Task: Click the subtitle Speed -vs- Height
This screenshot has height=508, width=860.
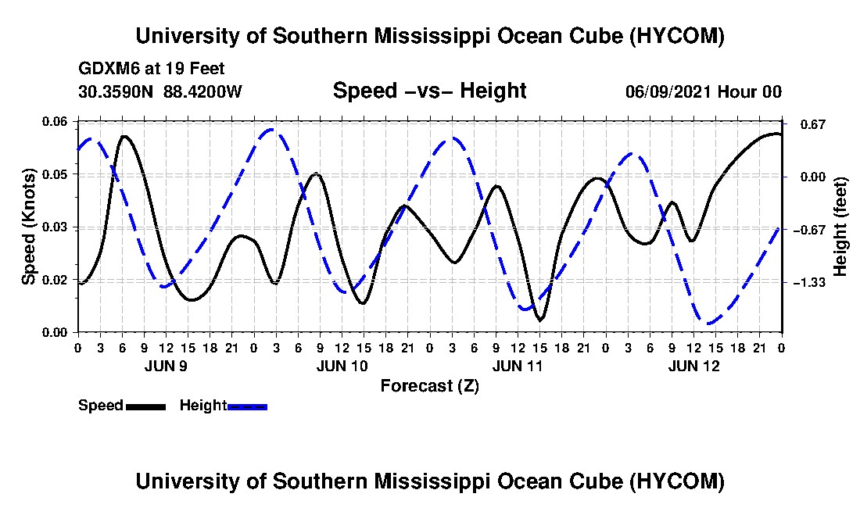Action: click(429, 91)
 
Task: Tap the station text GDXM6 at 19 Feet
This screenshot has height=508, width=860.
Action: click(152, 69)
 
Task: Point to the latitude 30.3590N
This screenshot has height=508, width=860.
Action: click(116, 91)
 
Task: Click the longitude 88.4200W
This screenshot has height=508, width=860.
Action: click(202, 91)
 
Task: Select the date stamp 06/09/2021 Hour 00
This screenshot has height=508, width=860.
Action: click(704, 91)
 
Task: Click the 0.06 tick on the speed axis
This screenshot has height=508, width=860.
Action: click(55, 121)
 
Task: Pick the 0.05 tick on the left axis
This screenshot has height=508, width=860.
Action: click(55, 174)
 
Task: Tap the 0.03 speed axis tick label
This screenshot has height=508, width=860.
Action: click(55, 227)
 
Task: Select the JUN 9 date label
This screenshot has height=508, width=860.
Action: click(166, 366)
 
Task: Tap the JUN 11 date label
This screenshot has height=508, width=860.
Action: click(518, 366)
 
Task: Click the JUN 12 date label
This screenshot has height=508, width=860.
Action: click(693, 366)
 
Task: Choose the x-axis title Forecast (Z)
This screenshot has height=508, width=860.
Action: click(429, 386)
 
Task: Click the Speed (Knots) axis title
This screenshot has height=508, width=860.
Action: click(29, 227)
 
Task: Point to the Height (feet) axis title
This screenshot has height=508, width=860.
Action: click(840, 227)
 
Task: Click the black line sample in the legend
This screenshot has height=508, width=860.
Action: click(145, 406)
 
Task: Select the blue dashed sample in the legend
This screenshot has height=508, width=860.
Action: click(247, 406)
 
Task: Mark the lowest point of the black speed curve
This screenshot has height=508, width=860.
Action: click(540, 320)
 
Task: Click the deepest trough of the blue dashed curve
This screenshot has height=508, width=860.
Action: click(710, 324)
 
